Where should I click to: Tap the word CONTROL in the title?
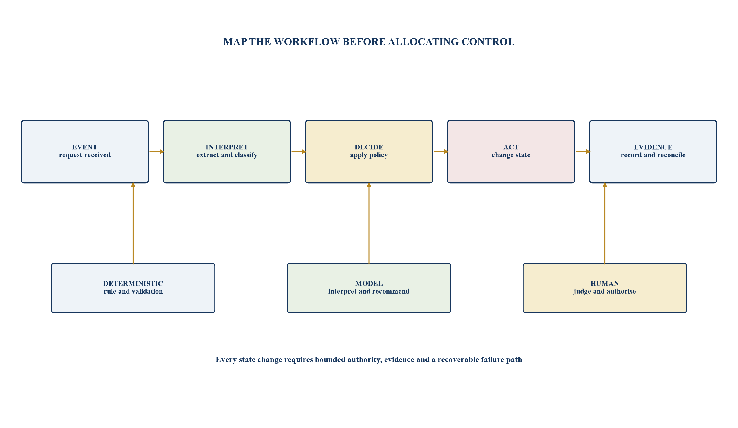pyautogui.click(x=488, y=42)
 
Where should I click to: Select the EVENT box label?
pyautogui.click(x=85, y=147)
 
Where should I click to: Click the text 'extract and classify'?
pyautogui.click(x=227, y=155)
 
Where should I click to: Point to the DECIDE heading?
pyautogui.click(x=369, y=147)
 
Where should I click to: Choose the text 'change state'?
pyautogui.click(x=511, y=155)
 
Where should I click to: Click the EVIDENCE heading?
pyautogui.click(x=653, y=147)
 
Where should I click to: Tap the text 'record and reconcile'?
pyautogui.click(x=653, y=155)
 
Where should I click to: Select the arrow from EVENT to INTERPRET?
pyautogui.click(x=156, y=151)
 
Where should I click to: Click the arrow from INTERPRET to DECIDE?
pyautogui.click(x=299, y=151)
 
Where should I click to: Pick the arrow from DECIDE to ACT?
pyautogui.click(x=441, y=151)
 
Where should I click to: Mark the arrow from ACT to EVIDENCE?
pyautogui.click(x=583, y=151)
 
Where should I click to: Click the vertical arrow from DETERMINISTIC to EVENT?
pyautogui.click(x=133, y=223)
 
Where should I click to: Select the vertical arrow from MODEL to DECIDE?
pyautogui.click(x=369, y=223)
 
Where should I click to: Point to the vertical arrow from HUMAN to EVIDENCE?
pyautogui.click(x=604, y=223)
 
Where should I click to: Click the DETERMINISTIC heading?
pyautogui.click(x=133, y=283)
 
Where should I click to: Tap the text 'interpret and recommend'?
pyautogui.click(x=369, y=291)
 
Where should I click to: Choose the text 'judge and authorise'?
pyautogui.click(x=604, y=291)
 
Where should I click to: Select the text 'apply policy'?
pyautogui.click(x=369, y=155)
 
